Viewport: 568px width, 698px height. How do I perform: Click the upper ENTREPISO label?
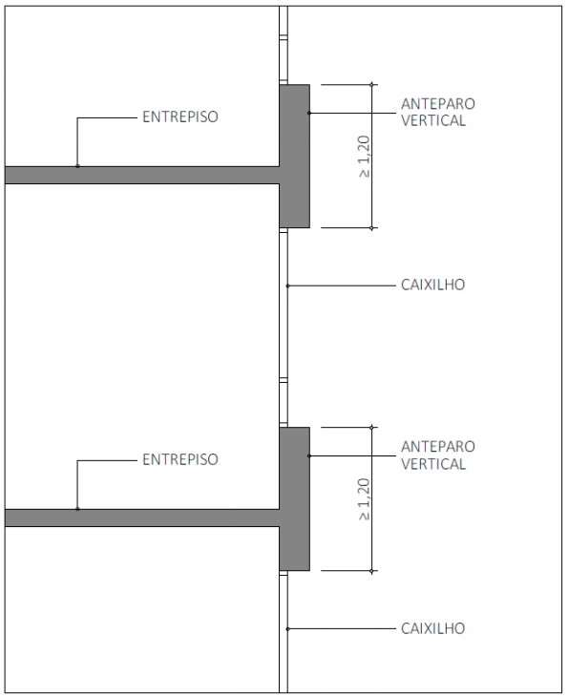(180, 116)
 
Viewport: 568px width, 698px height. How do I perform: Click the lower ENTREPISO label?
(180, 459)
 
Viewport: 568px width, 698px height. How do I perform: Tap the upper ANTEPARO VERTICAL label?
(438, 112)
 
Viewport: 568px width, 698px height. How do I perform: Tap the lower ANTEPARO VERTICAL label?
(438, 455)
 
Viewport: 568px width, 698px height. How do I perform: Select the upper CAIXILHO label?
(432, 285)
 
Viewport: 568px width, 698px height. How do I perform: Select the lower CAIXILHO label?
(432, 628)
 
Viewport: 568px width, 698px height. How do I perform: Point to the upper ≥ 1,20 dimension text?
(364, 157)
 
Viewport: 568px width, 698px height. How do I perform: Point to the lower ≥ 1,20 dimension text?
(364, 499)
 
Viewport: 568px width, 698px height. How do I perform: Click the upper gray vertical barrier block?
(295, 157)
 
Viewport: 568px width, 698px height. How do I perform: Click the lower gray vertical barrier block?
(295, 499)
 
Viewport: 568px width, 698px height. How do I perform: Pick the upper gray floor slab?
(142, 175)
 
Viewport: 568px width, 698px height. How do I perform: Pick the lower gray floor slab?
(142, 518)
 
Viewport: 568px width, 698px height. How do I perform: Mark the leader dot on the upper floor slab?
(77, 166)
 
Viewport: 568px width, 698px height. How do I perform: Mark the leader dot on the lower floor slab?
(77, 509)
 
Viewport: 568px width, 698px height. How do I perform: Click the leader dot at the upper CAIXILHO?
(287, 286)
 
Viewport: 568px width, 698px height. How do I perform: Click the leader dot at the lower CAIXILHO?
(287, 629)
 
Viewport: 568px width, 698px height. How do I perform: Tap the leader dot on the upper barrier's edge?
(309, 113)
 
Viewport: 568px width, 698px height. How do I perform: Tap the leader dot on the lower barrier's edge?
(309, 455)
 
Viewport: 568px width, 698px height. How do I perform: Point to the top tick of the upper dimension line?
(371, 84)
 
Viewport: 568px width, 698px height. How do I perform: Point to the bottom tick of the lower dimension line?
(371, 571)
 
